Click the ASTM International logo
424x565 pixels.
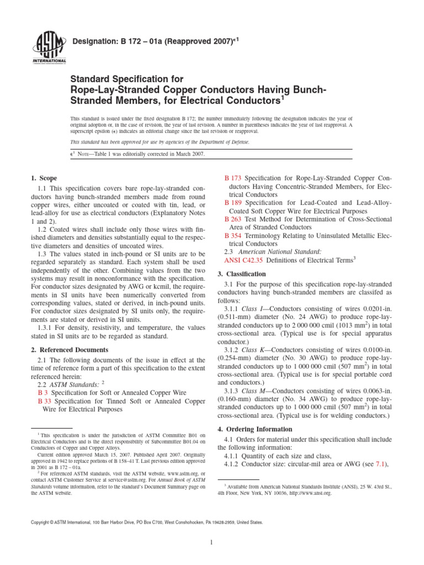[51, 46]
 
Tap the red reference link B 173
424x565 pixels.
[232, 179]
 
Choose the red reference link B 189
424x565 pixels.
[232, 202]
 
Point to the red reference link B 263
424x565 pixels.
[232, 218]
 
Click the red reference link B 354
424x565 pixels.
[232, 235]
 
